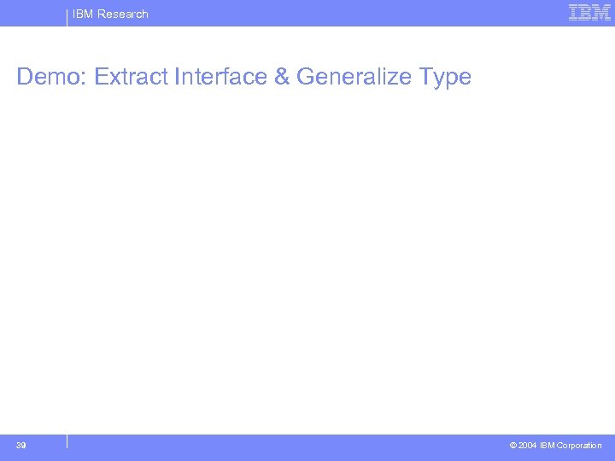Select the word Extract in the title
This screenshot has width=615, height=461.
coord(131,77)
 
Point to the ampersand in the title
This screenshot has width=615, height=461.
coord(282,77)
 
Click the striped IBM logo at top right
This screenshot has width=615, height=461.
coord(589,13)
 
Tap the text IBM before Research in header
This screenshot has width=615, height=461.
coord(83,14)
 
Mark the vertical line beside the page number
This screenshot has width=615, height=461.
coord(67,441)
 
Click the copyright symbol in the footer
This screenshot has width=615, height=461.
coord(512,446)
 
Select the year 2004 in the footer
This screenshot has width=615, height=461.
coord(528,446)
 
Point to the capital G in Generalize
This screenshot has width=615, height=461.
coord(306,77)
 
